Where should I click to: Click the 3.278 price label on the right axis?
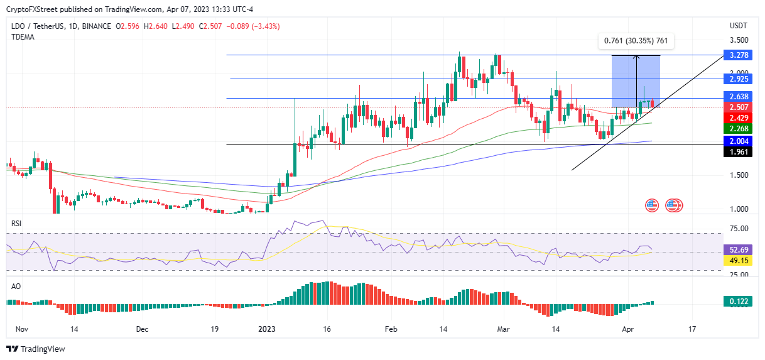(x=739, y=55)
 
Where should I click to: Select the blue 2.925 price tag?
(x=739, y=79)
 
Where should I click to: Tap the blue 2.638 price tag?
(x=739, y=97)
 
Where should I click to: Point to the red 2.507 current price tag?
(x=739, y=107)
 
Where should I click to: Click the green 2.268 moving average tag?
(x=739, y=129)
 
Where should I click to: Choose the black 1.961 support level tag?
(x=739, y=151)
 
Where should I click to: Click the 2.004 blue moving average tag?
(x=739, y=141)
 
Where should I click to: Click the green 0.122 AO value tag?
(x=739, y=302)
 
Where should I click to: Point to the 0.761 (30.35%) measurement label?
(x=635, y=41)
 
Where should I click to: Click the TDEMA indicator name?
(x=23, y=37)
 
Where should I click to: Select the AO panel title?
(x=15, y=285)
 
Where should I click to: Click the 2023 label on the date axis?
(x=267, y=329)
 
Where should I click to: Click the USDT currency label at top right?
(x=739, y=26)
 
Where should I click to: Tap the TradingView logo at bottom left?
(x=36, y=349)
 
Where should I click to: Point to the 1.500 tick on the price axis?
(x=739, y=175)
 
